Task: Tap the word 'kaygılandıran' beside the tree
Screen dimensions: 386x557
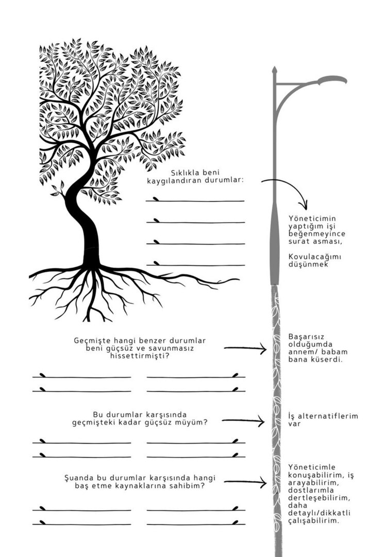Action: [172, 181]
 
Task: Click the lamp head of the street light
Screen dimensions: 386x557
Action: [332, 80]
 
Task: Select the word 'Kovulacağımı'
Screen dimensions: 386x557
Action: [314, 257]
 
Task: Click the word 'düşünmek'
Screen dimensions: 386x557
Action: [308, 264]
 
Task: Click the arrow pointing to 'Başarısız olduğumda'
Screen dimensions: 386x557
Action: [245, 348]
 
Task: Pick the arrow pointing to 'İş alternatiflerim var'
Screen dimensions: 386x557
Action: [243, 421]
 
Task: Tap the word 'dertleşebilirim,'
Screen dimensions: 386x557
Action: [319, 498]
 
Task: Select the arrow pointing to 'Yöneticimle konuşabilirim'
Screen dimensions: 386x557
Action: [245, 482]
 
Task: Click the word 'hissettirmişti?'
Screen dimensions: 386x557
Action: [140, 356]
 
